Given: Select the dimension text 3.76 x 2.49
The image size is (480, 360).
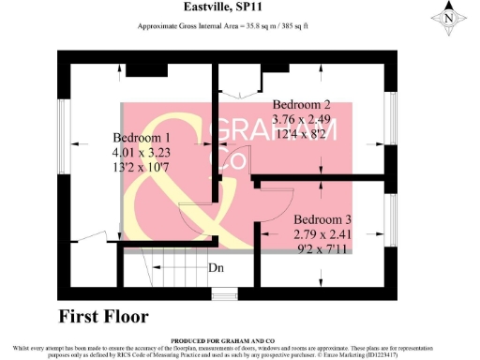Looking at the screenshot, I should click(x=302, y=119).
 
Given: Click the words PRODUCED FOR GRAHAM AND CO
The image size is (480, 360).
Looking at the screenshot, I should click(x=240, y=338).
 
